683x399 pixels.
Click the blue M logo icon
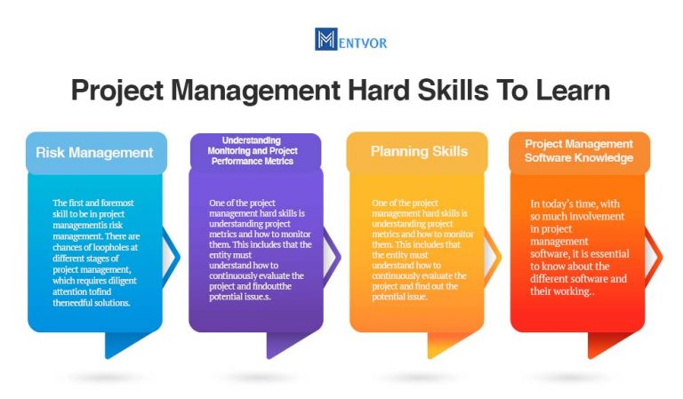325,39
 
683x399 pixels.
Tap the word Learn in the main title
568,92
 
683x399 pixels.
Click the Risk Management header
94,153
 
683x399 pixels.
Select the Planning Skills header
419,151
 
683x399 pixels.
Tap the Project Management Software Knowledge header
579,151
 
